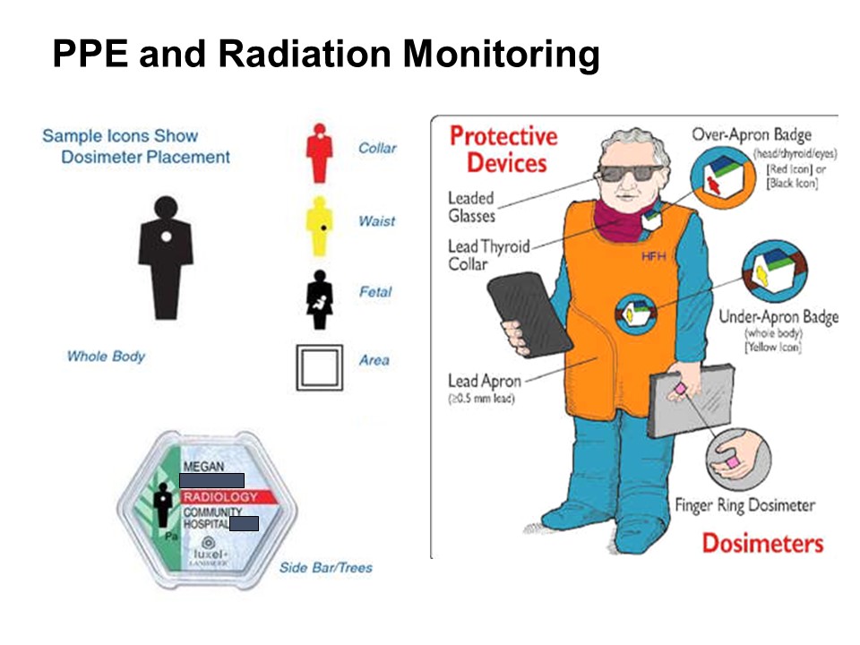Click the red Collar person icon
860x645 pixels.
(319, 153)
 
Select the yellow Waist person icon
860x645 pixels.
(319, 225)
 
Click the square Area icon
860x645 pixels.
(319, 367)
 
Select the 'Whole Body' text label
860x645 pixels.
(106, 356)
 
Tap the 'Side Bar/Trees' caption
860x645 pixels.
(325, 567)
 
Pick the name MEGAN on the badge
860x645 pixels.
(202, 467)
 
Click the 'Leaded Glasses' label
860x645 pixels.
(471, 206)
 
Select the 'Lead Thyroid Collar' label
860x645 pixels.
(488, 254)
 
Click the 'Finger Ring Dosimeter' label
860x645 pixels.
(744, 505)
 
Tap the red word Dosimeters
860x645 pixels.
(761, 542)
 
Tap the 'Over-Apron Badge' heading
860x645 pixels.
(751, 135)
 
